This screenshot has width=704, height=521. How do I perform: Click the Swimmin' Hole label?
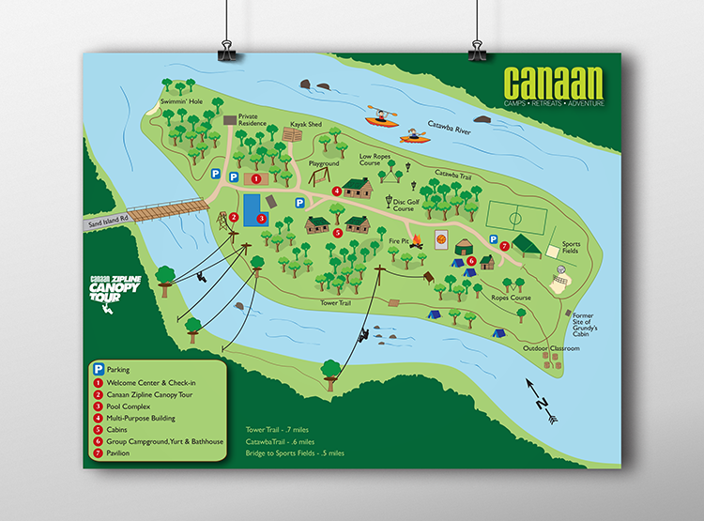tap(181, 100)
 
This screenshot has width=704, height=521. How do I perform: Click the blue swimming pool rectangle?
tap(253, 209)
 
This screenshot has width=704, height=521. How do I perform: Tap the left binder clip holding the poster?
tap(228, 50)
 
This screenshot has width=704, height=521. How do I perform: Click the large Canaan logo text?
tap(553, 82)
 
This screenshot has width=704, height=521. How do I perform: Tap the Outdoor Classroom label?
tap(552, 348)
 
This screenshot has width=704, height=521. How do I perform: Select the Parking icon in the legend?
tap(97, 370)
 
